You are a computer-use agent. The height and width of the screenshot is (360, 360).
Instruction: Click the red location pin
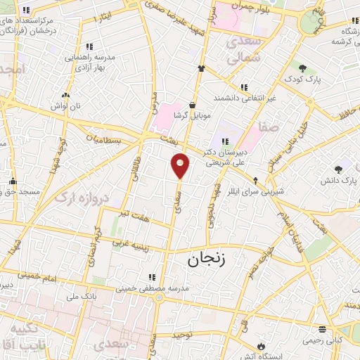pyautogui.click(x=180, y=166)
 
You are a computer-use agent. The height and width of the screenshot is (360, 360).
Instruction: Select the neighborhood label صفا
pyautogui.click(x=270, y=127)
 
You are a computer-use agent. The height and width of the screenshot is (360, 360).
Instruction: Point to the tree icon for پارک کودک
pyautogui.click(x=303, y=68)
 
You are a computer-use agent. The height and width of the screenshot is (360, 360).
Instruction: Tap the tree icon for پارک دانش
pyautogui.click(x=340, y=169)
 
